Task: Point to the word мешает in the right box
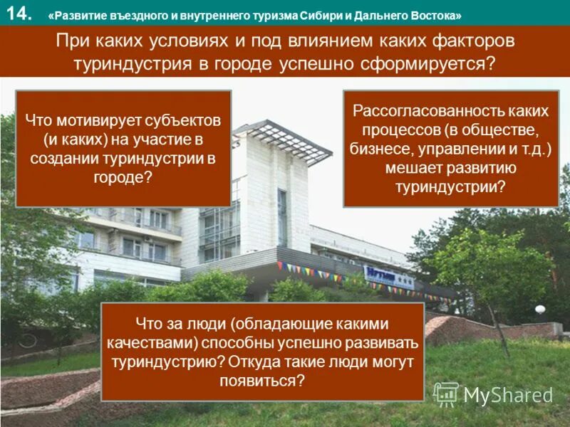(414, 167)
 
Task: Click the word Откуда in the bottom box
(258, 362)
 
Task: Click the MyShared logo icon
(446, 394)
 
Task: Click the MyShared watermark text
(508, 396)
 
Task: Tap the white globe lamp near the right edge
(539, 310)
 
